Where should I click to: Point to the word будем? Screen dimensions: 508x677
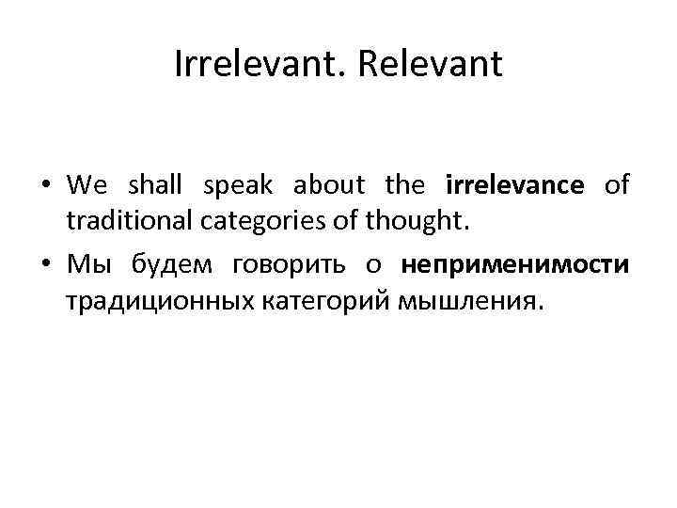pyautogui.click(x=174, y=265)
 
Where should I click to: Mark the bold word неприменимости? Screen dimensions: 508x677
pyautogui.click(x=514, y=267)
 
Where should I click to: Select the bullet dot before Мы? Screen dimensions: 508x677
pyautogui.click(x=46, y=267)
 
